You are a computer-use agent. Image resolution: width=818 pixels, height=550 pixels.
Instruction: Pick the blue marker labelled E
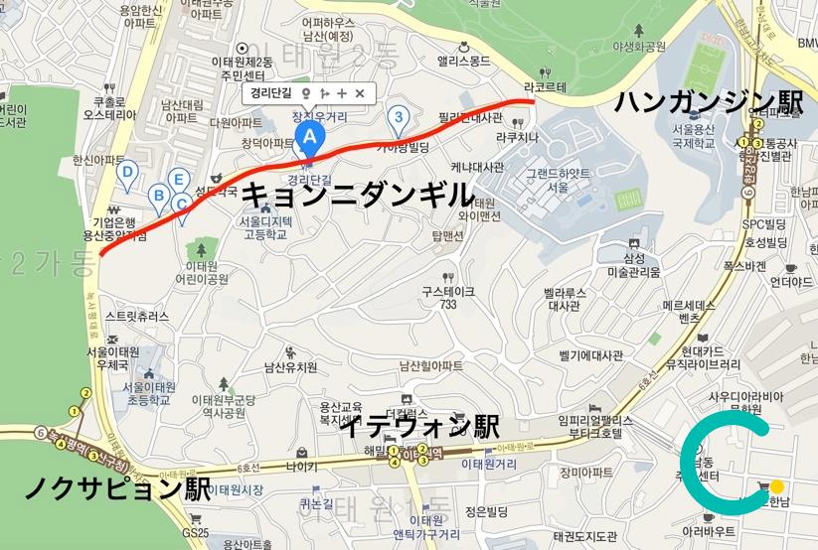click(x=178, y=180)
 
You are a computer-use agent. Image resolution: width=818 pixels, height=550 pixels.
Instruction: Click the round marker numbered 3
click(x=399, y=118)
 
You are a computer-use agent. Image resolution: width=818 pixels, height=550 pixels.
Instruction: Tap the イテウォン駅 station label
click(x=419, y=427)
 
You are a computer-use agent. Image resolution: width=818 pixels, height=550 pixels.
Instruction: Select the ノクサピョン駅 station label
click(x=116, y=489)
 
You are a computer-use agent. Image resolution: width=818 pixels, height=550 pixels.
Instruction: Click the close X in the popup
click(x=360, y=93)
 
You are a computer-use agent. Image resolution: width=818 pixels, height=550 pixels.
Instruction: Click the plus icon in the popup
click(x=341, y=93)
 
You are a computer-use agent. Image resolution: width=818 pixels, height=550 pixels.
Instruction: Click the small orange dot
click(x=776, y=486)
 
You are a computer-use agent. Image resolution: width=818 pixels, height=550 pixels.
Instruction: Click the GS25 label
click(x=197, y=532)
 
